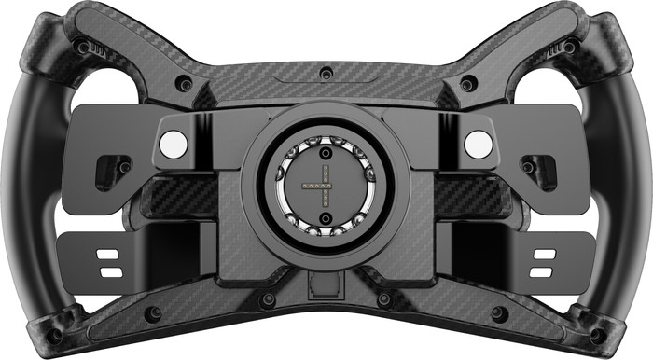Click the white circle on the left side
[x=174, y=143]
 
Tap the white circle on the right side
[x=478, y=143]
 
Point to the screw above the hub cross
[x=325, y=151]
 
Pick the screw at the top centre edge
[x=325, y=74]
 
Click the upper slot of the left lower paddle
[x=109, y=254]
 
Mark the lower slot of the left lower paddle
[x=109, y=270]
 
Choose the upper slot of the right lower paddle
[x=542, y=254]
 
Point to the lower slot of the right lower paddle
[x=542, y=270]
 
